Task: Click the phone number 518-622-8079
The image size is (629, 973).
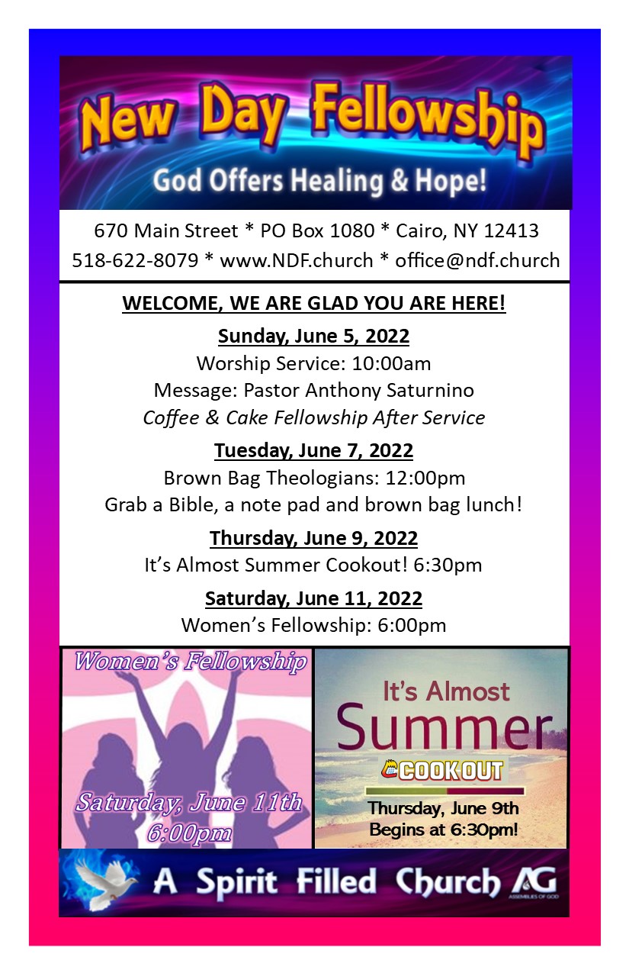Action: coord(135,260)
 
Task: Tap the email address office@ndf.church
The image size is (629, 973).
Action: coord(477,260)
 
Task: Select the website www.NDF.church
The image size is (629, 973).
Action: coord(297,260)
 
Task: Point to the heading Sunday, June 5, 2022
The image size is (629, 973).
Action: coord(313,337)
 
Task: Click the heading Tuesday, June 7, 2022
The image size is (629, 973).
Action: coord(313,451)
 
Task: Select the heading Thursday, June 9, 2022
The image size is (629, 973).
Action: coord(313,539)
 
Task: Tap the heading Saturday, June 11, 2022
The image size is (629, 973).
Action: coord(313,599)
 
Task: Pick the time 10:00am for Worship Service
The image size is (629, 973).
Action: coord(391,363)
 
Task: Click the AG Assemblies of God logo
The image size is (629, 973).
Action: coord(534,881)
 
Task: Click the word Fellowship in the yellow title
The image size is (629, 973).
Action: coord(428,118)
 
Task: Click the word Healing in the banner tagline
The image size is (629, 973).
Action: coord(337,181)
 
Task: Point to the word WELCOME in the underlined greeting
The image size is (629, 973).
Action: coord(172,303)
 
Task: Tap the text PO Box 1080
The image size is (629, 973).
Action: coord(317,230)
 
